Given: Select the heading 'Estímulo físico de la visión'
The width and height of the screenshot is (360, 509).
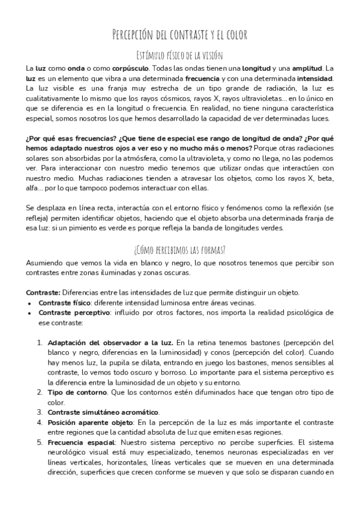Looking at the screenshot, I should pos(180,56).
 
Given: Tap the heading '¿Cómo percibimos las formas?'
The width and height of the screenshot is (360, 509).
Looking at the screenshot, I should pos(180,249).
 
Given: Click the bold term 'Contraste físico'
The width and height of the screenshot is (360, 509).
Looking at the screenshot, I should pos(64,303).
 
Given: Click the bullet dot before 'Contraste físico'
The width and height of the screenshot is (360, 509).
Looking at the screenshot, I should pos(29,303).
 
